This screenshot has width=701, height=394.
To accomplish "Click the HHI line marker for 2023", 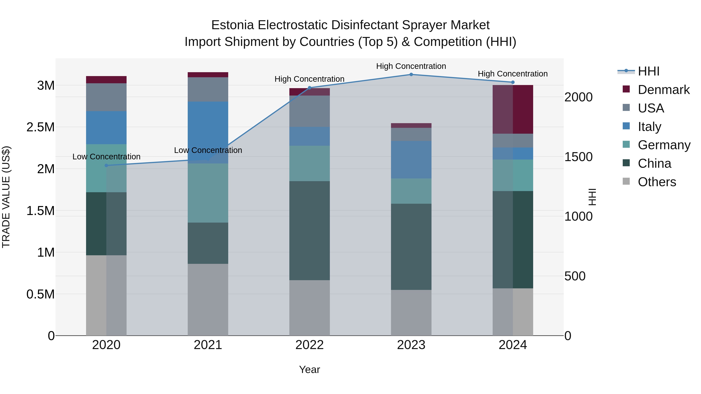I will (x=411, y=74).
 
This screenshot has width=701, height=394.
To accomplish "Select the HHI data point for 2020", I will (x=106, y=165).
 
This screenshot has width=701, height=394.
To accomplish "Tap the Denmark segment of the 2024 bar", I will (x=513, y=109).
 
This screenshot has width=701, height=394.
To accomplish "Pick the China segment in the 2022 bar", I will (x=309, y=231).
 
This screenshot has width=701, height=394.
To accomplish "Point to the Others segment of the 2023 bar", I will (x=411, y=312).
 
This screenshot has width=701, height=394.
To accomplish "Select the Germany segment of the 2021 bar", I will (x=208, y=193).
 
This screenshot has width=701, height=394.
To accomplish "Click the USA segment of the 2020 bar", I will (x=106, y=97).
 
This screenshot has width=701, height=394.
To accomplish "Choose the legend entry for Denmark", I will (x=663, y=90).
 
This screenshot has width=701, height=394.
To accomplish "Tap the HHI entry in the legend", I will (x=648, y=71).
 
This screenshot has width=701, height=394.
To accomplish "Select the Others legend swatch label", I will (x=657, y=182).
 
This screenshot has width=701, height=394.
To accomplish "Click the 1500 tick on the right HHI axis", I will (x=579, y=157).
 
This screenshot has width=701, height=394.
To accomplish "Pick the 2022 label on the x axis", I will (x=309, y=345).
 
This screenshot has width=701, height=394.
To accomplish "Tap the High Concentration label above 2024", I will (x=513, y=74).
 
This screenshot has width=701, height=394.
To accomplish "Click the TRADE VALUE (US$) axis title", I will (x=6, y=197).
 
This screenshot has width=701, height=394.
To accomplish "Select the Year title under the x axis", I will (x=309, y=369).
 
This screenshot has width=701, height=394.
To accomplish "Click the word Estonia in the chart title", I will (x=233, y=25).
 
